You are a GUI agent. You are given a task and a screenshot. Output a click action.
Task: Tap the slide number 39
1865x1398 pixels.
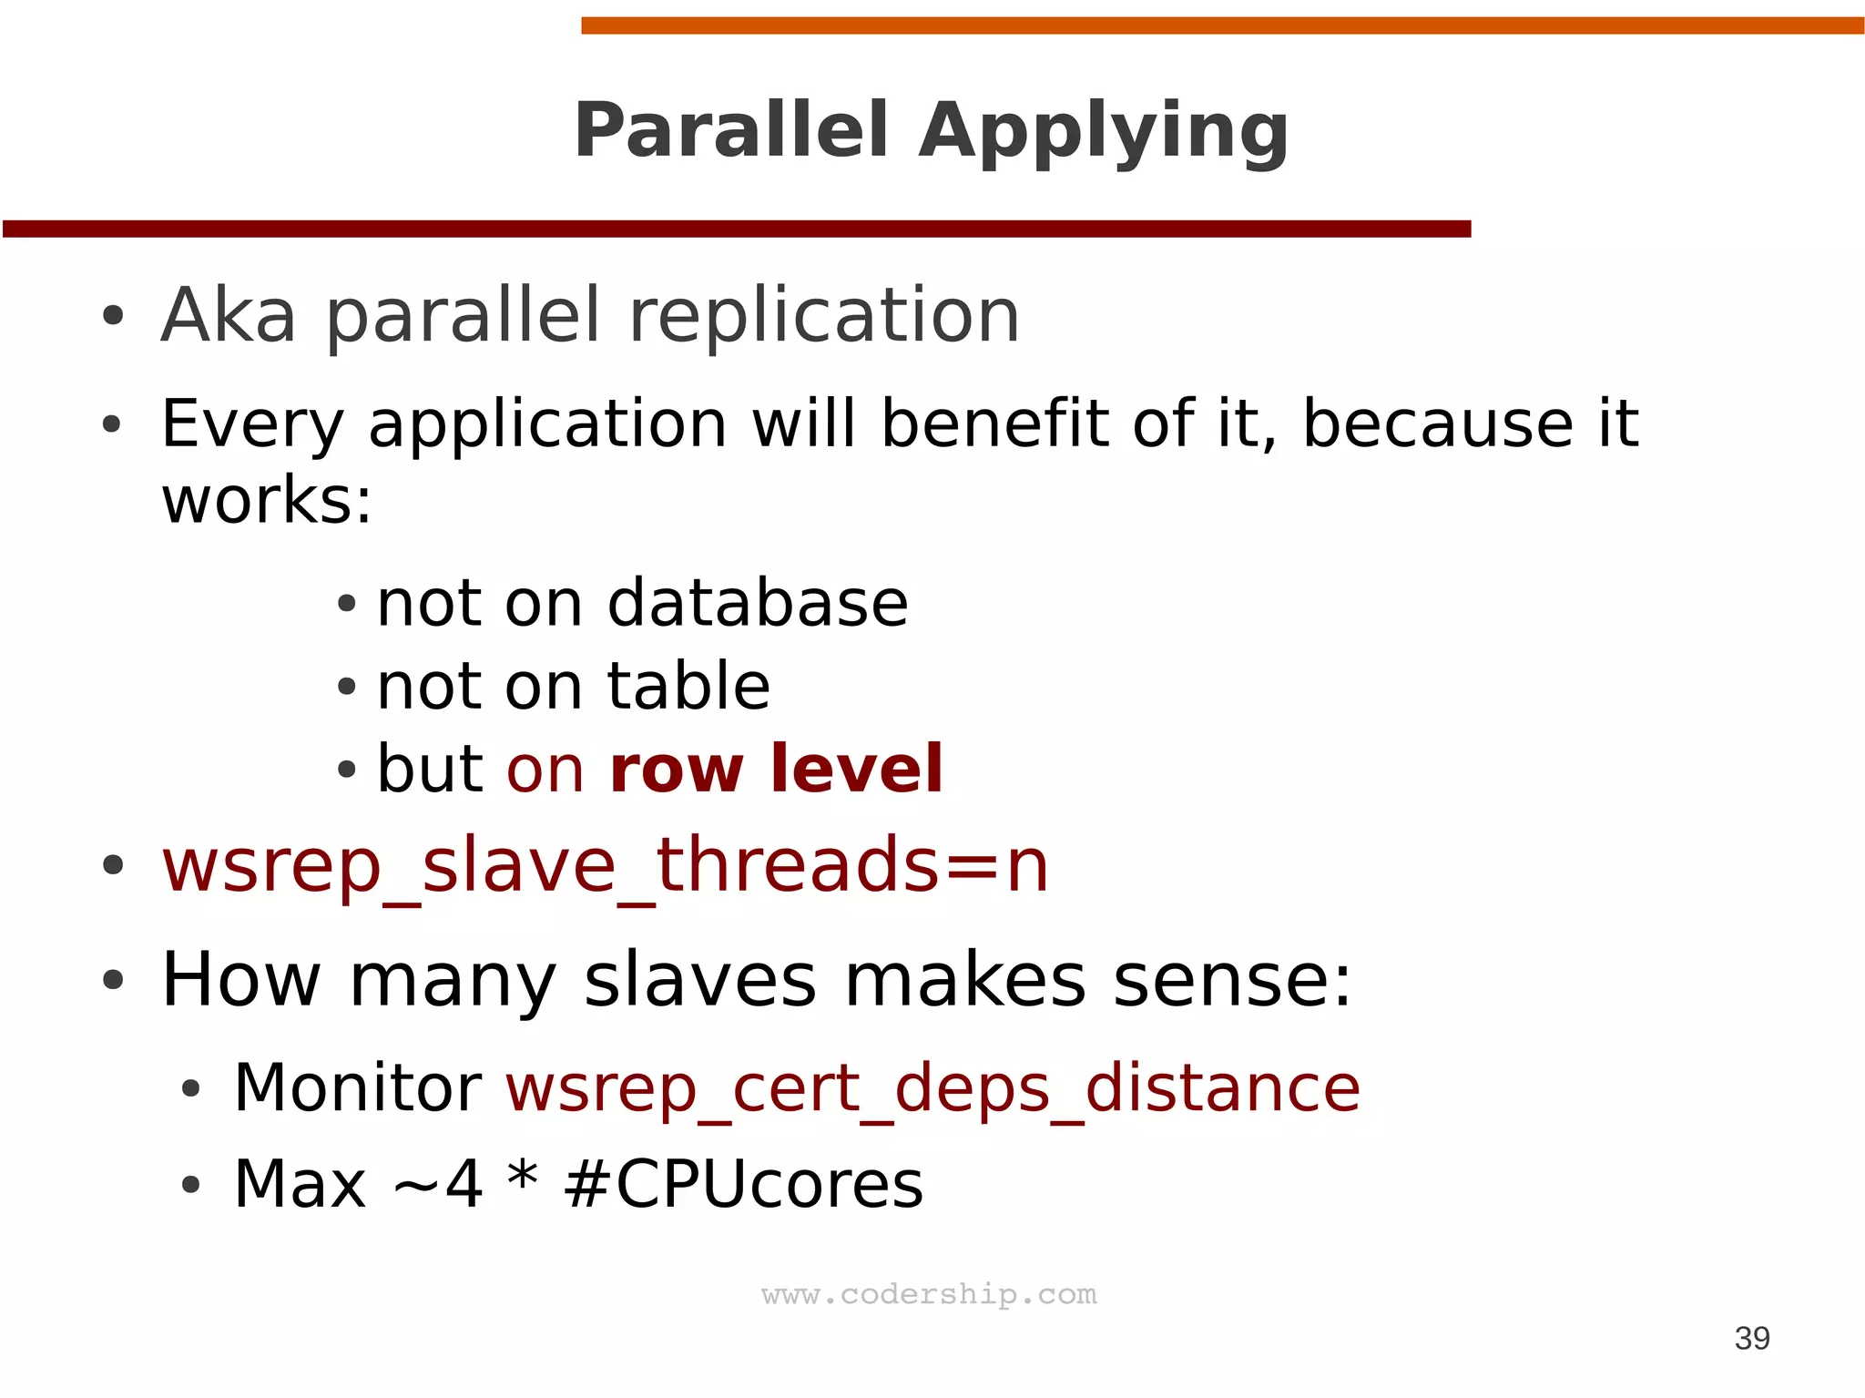(x=1751, y=1338)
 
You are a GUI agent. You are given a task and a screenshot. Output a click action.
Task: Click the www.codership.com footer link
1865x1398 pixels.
(x=929, y=1294)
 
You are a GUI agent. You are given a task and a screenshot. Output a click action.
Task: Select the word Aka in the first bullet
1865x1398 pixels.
(x=229, y=315)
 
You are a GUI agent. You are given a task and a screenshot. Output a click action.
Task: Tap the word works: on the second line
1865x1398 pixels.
(x=267, y=501)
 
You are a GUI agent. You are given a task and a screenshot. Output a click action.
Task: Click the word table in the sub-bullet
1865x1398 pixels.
(x=688, y=686)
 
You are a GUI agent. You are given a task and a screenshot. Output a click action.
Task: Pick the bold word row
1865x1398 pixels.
(x=677, y=770)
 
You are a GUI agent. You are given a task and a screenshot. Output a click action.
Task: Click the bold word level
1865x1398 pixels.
(x=856, y=769)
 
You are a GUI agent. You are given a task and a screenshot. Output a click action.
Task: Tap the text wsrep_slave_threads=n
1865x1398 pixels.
(x=606, y=865)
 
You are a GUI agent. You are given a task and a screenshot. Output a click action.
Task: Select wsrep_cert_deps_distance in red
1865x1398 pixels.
(x=932, y=1089)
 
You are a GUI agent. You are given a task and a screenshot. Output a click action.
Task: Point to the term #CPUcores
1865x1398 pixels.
(x=743, y=1184)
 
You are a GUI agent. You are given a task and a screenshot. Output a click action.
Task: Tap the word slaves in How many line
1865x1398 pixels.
(x=700, y=980)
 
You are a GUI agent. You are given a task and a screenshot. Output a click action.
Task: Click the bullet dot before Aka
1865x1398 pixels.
(x=113, y=316)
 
